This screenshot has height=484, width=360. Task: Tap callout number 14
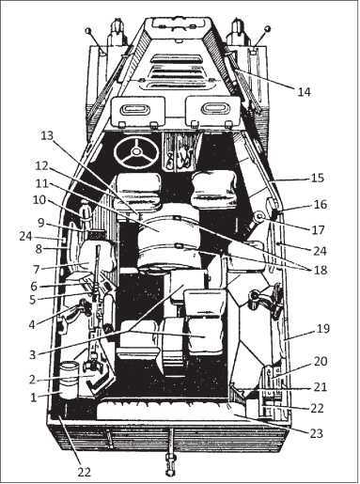coord(303,92)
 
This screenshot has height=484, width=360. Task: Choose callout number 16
coord(319,203)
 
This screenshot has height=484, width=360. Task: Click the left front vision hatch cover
coord(136,114)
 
